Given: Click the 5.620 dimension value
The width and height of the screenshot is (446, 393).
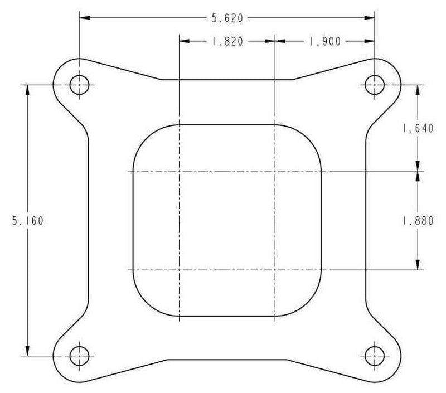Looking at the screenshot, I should (x=226, y=18).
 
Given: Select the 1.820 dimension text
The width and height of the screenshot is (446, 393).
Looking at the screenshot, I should (x=227, y=41).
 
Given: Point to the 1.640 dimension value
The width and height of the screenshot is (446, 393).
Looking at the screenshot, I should (x=418, y=128).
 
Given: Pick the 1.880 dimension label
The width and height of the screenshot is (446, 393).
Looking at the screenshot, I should (x=418, y=220).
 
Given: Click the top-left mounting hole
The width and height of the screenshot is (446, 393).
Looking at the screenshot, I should (x=79, y=85).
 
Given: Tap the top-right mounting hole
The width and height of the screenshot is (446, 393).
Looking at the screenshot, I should (x=375, y=85).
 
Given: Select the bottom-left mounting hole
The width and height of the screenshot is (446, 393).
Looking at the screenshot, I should (x=79, y=355).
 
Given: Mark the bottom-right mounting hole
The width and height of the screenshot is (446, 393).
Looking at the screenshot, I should (x=375, y=355).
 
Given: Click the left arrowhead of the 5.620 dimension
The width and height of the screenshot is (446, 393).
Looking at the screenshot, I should (x=84, y=18).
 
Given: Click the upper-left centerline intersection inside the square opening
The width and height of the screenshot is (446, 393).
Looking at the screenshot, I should (x=179, y=171).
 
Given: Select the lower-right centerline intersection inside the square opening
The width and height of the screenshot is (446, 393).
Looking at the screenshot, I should (x=275, y=270).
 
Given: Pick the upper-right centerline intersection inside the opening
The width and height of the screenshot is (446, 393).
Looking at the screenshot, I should (x=275, y=171).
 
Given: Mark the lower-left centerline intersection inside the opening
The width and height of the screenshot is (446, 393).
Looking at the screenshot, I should (x=179, y=270).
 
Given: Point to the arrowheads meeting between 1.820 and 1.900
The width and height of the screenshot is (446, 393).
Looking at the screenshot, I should (x=275, y=41).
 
